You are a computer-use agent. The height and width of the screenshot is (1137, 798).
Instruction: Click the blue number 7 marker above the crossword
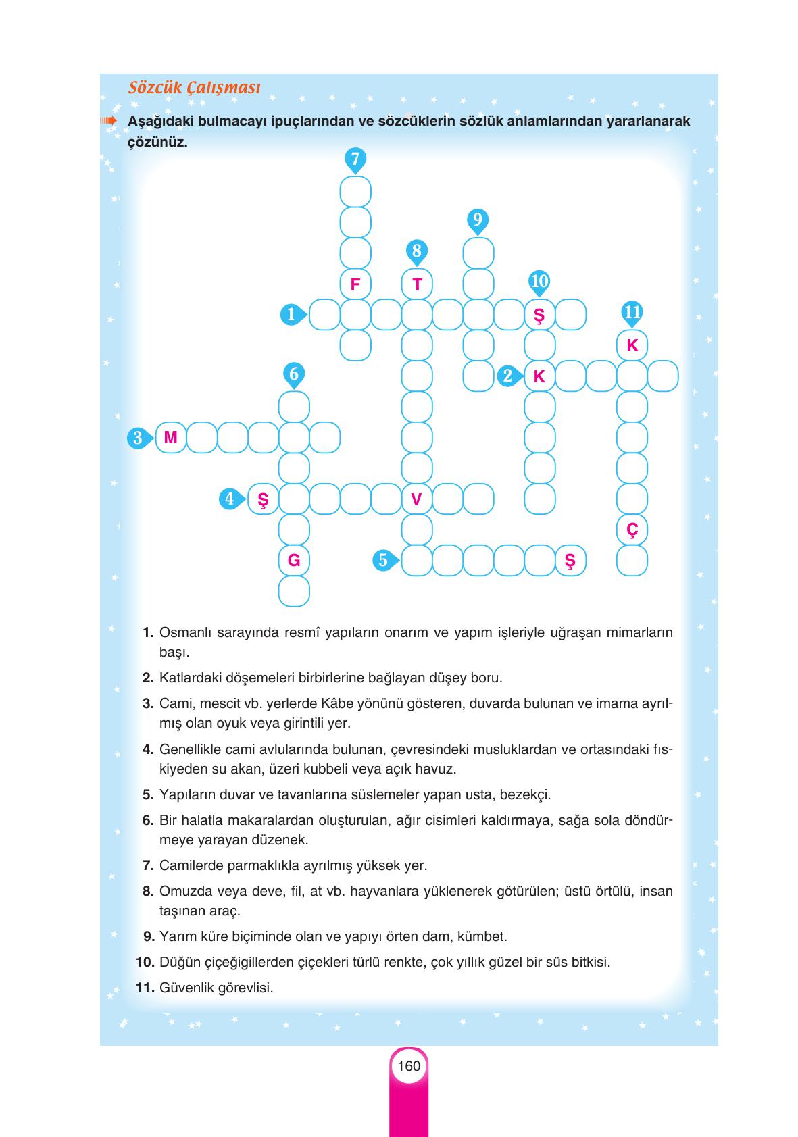(355, 159)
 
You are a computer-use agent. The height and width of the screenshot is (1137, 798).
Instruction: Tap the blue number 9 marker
(478, 220)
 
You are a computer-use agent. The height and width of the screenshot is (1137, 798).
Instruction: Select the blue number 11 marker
(632, 313)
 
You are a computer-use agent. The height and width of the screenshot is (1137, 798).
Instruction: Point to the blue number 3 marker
(138, 438)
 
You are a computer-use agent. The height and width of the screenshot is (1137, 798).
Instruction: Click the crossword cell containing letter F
(355, 284)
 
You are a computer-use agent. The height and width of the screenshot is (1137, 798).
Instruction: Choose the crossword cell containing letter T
(417, 284)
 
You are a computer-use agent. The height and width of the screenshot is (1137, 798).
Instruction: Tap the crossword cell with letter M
(170, 438)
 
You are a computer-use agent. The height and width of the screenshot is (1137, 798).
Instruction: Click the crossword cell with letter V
(417, 499)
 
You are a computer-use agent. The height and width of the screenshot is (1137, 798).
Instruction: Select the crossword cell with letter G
(294, 561)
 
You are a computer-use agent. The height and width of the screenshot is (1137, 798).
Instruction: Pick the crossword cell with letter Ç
(632, 530)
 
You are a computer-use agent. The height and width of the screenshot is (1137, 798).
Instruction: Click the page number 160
(409, 1066)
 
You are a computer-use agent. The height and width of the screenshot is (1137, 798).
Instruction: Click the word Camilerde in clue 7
(189, 865)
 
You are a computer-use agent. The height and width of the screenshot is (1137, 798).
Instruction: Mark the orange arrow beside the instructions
(109, 121)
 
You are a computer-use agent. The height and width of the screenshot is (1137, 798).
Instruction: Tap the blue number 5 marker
(384, 560)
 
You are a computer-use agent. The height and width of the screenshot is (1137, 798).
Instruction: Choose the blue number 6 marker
(293, 374)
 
